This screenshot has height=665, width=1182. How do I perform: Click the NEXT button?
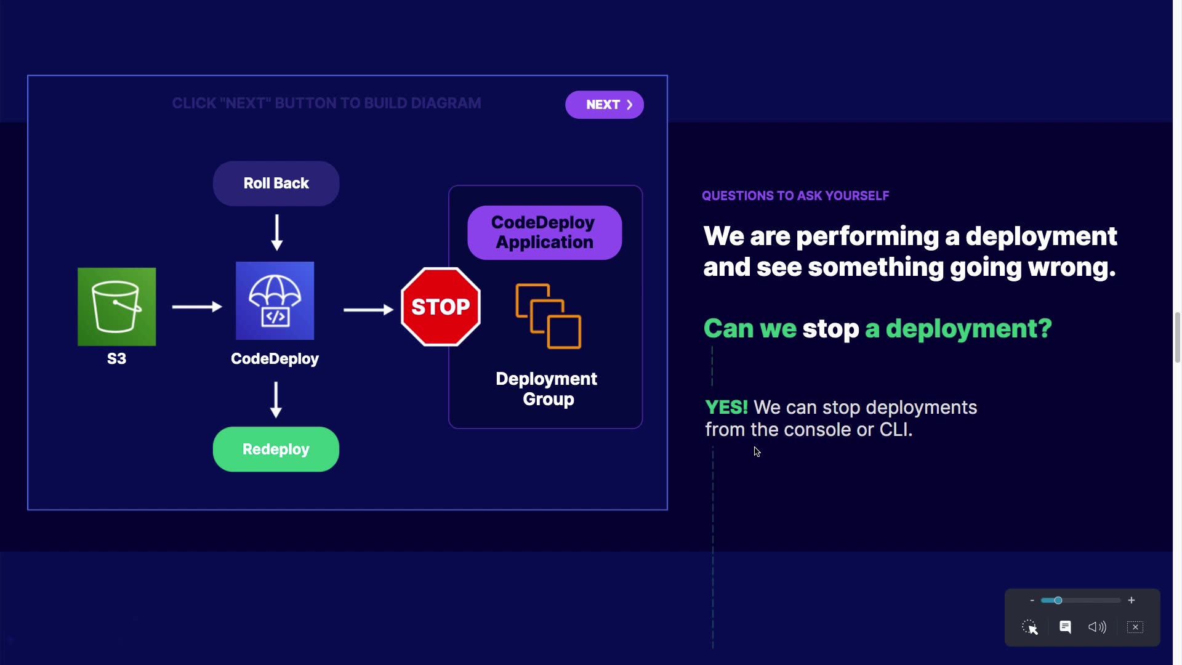coord(604,105)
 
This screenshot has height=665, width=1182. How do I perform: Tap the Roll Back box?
coord(276,183)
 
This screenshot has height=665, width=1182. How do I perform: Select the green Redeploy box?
coord(276,449)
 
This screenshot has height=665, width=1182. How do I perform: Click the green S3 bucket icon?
coord(116,307)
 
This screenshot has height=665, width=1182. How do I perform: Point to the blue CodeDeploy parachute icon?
coord(275,300)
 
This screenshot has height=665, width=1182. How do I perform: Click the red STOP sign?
coord(440,307)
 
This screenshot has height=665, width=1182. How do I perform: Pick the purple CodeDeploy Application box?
coord(544,232)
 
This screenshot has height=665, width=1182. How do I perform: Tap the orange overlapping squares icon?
coord(548,316)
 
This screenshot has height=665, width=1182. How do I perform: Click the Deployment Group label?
coord(547,389)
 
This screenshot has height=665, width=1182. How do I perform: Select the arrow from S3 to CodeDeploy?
coord(196,307)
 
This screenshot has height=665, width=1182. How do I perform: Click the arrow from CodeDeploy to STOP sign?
coord(368,310)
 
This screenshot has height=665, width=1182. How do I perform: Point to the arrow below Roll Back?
coord(277,232)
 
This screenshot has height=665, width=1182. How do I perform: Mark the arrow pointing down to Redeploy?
coord(276,400)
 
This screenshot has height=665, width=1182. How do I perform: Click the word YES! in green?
coord(726,408)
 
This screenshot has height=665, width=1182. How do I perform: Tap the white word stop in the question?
coord(830,329)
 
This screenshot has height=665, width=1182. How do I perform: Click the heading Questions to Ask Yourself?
coord(795,196)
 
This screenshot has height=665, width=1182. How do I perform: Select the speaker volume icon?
coord(1097,627)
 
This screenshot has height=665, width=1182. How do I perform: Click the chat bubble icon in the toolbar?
coord(1065,627)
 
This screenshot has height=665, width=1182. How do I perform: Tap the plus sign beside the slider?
coord(1132,600)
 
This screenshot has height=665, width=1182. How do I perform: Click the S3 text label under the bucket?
coord(116,359)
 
